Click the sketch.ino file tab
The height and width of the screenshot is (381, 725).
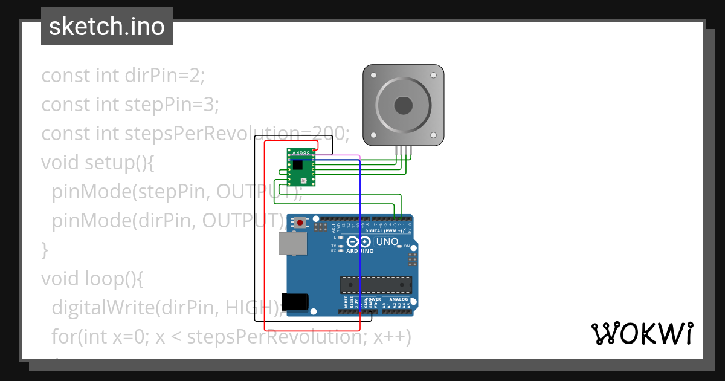[107, 27]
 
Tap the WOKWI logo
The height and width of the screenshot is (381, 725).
[642, 333]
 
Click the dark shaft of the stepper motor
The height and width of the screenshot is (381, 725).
[403, 106]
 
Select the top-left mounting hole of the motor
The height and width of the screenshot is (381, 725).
[373, 76]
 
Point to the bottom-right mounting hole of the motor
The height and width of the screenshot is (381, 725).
[433, 135]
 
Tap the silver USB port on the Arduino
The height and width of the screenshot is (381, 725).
[292, 244]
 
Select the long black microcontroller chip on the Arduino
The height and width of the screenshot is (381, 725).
[376, 284]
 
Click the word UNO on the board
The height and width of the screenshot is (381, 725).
[387, 242]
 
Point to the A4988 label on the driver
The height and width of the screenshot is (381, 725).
[300, 154]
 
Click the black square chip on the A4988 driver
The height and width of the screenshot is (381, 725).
[298, 164]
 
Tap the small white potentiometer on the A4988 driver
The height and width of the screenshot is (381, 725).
[304, 180]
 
